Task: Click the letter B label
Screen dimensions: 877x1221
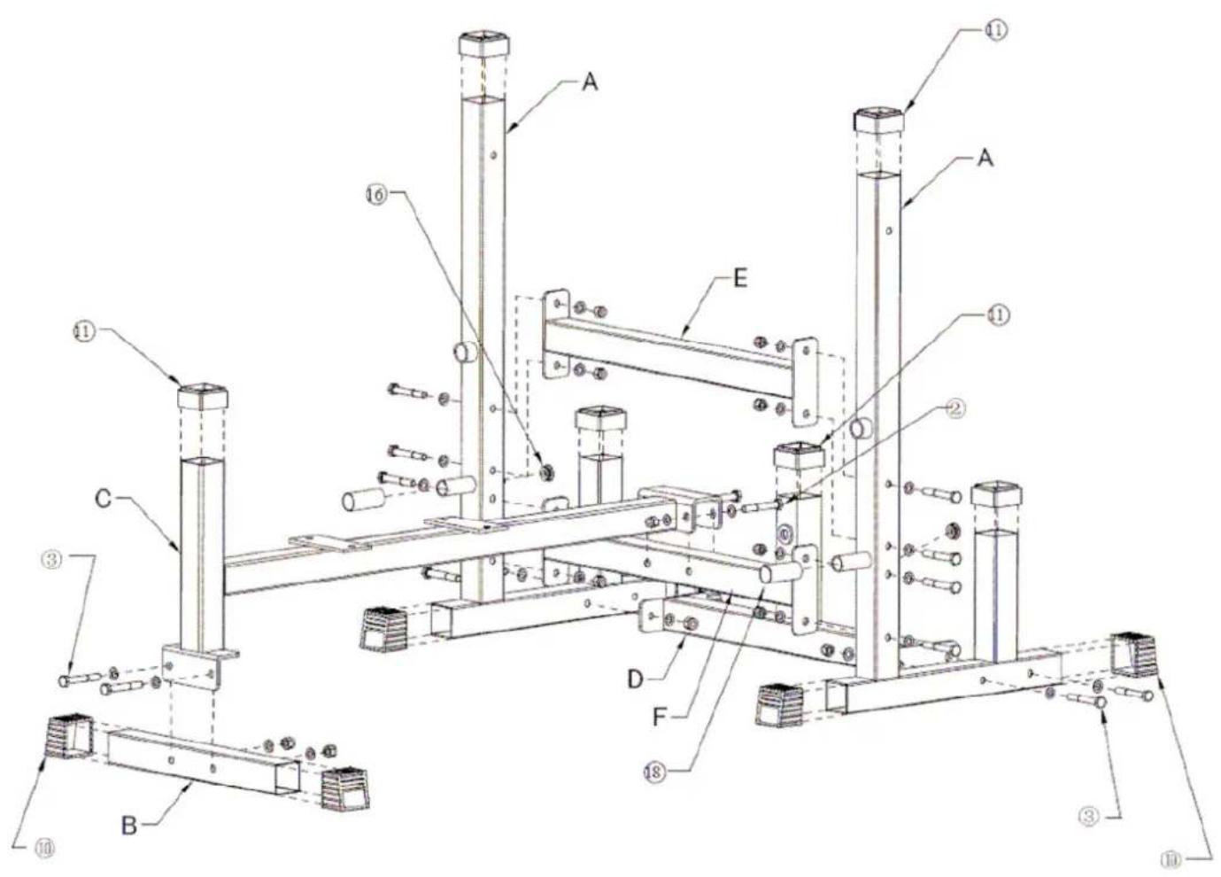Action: (129, 826)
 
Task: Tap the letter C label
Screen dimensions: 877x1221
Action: (104, 499)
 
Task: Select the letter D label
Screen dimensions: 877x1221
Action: (635, 679)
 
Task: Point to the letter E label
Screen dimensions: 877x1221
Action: (740, 278)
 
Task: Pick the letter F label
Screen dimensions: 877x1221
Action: (659, 716)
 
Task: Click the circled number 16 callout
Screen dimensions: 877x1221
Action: (377, 195)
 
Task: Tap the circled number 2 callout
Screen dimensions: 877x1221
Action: (954, 407)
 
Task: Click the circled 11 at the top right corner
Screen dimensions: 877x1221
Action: (996, 30)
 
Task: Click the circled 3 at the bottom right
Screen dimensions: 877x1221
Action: (1088, 816)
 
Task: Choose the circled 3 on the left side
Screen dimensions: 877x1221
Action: (52, 560)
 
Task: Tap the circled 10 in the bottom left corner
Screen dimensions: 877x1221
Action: (43, 849)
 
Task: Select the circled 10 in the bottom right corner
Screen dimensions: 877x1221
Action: (1171, 858)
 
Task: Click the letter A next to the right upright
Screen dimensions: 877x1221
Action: (985, 159)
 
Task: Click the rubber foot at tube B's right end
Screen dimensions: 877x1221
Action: (345, 789)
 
